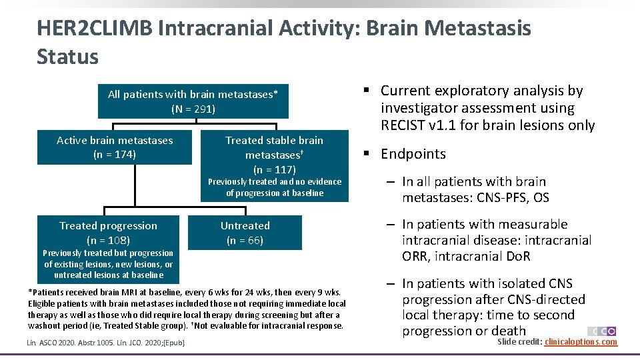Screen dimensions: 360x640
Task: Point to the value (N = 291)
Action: tap(193, 109)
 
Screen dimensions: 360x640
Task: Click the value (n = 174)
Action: tap(114, 155)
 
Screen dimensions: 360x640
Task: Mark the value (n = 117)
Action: tap(274, 169)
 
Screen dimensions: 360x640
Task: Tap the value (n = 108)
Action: tap(108, 240)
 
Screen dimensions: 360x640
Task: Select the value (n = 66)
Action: tap(245, 240)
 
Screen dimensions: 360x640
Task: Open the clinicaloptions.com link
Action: tap(581, 342)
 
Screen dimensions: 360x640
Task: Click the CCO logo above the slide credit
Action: tap(601, 331)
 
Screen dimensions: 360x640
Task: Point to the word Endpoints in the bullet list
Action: tap(413, 154)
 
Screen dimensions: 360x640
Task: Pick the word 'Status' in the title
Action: tap(67, 57)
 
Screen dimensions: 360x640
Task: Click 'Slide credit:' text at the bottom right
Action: tap(519, 342)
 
